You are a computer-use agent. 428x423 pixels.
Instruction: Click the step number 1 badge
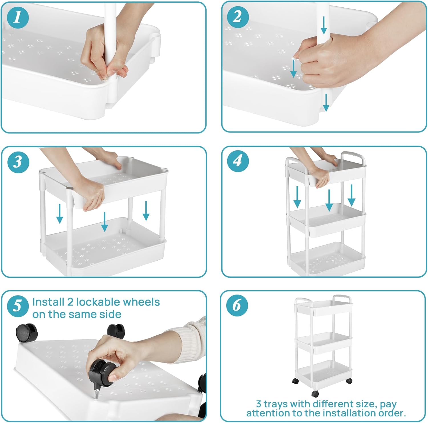click(18, 17)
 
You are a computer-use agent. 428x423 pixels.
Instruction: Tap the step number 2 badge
click(238, 17)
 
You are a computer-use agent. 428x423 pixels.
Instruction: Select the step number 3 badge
click(18, 162)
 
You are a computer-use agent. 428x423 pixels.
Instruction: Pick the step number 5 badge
click(18, 306)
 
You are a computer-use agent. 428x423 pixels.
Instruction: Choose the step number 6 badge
click(237, 305)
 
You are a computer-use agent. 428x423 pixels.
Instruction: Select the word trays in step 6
click(276, 404)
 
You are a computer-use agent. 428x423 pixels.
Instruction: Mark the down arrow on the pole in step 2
click(324, 25)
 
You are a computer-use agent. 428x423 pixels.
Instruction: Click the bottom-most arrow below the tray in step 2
click(326, 103)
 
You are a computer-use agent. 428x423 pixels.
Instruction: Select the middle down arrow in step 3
click(104, 222)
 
